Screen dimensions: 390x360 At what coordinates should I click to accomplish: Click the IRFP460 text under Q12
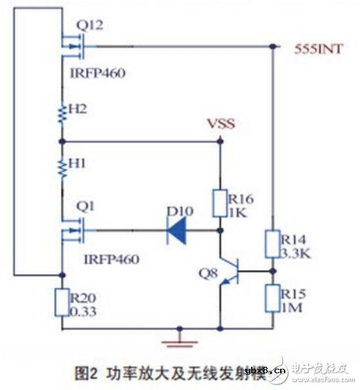click(x=97, y=73)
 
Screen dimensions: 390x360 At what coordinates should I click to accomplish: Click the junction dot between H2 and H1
click(x=62, y=141)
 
